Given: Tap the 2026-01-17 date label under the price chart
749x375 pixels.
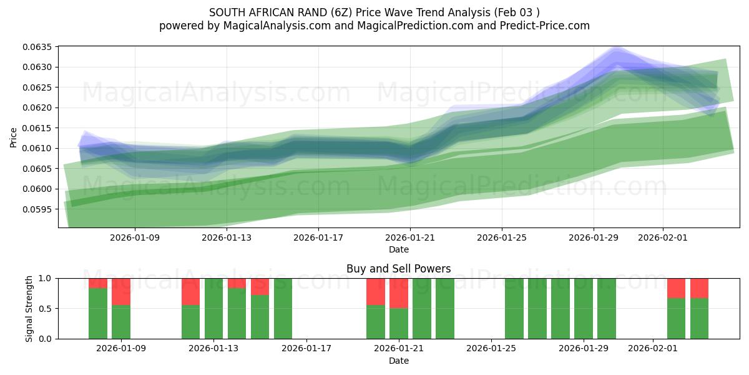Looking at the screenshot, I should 318,237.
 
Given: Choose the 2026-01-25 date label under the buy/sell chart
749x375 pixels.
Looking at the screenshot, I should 491,349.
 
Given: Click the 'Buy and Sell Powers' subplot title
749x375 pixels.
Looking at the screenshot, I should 398,269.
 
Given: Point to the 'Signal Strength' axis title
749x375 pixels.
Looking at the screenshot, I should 29,308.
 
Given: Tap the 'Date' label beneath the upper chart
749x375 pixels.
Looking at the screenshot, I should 398,249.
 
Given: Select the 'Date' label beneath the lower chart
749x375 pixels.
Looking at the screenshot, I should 398,361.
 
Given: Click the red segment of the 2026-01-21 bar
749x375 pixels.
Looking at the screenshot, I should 398,293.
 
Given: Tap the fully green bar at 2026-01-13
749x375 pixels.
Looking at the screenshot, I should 213,308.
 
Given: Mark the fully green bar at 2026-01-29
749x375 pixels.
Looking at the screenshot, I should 583,308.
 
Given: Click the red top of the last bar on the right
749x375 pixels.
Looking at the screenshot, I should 699,288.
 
